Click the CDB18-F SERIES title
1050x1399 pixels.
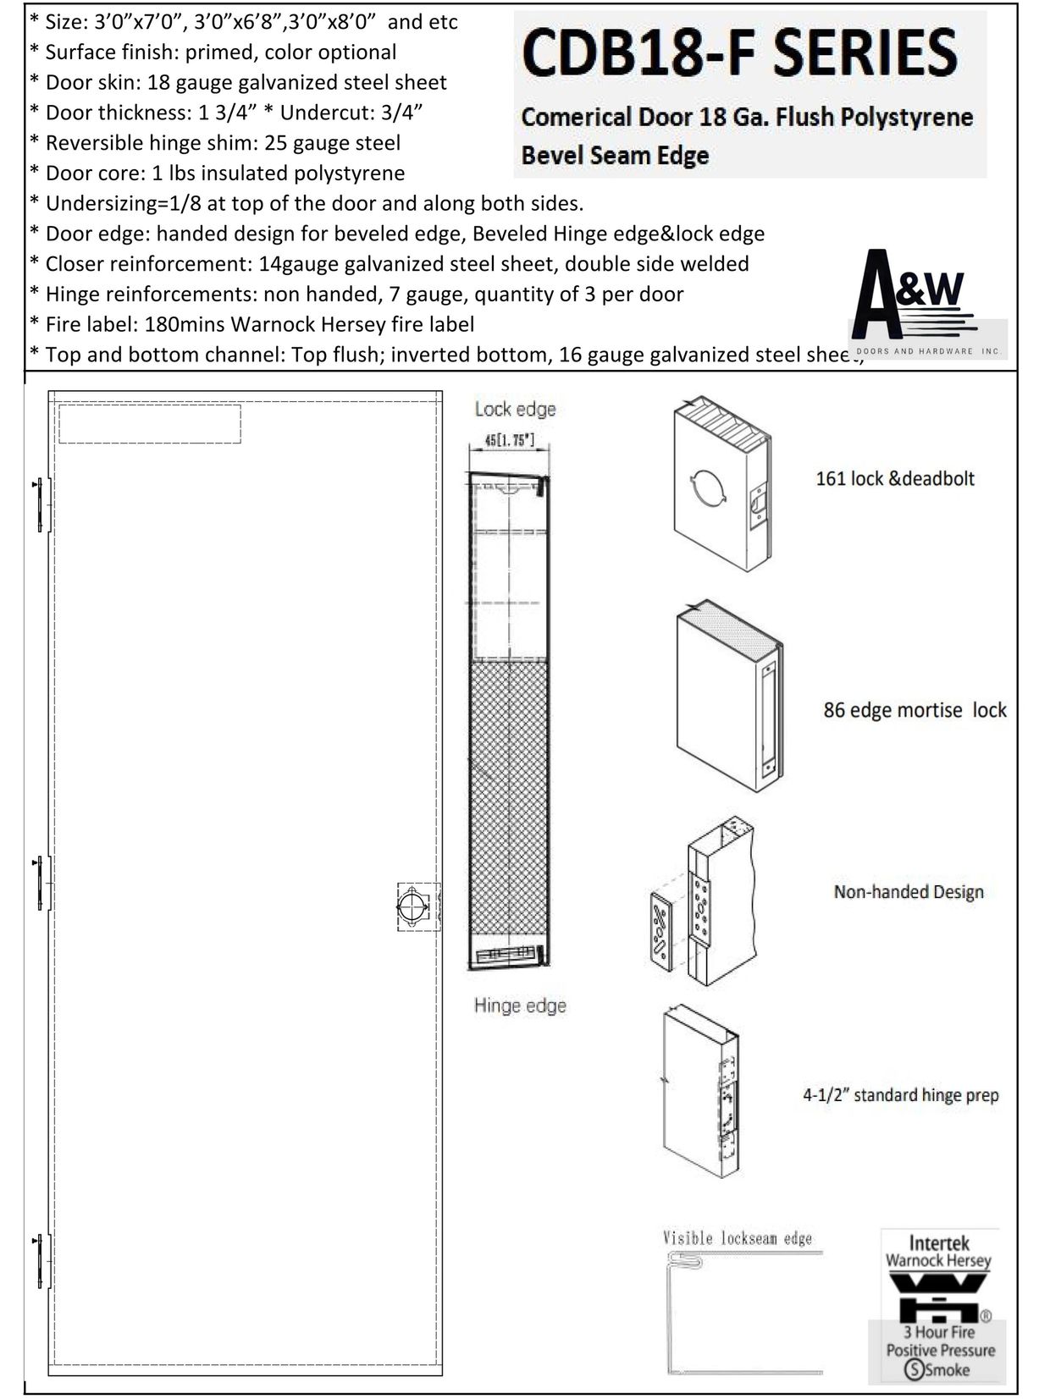[739, 52]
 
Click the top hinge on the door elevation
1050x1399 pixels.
[41, 505]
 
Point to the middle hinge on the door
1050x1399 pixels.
[41, 883]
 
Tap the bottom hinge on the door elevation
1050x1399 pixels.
[41, 1260]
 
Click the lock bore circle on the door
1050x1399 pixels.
[412, 906]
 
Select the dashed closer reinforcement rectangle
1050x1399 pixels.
[149, 423]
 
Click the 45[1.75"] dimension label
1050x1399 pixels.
[508, 441]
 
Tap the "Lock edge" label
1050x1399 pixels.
[515, 410]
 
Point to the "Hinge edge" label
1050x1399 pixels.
[519, 1005]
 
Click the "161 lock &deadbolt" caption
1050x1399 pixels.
[894, 479]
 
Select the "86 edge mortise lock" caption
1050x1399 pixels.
[915, 710]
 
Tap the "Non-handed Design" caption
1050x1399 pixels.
[908, 892]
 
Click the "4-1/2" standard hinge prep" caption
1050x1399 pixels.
[900, 1095]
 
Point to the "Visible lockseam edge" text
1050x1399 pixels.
[737, 1239]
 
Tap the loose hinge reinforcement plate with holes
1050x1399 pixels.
[660, 930]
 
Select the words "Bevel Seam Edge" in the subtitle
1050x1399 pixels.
[615, 156]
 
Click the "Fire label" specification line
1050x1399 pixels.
[251, 324]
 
